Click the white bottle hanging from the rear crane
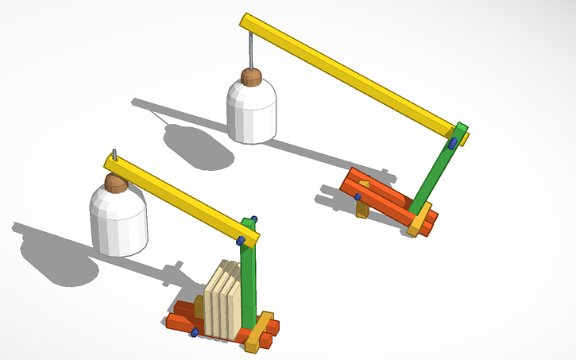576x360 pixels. [x=252, y=111]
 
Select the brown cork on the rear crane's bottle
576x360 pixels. [x=251, y=77]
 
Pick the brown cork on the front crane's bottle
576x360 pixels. [x=116, y=184]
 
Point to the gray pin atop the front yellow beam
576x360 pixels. [x=115, y=154]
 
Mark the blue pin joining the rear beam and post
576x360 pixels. [x=452, y=143]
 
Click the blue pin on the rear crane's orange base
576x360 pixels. [x=358, y=196]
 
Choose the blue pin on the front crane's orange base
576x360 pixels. [x=194, y=333]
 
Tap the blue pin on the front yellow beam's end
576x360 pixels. [x=241, y=240]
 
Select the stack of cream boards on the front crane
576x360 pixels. [x=222, y=302]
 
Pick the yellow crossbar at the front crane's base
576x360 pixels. [x=259, y=332]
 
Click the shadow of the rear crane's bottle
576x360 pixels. [x=199, y=147]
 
